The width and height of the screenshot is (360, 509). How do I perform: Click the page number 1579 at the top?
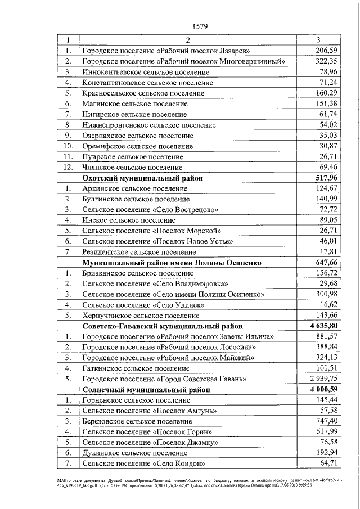[x=200, y=26]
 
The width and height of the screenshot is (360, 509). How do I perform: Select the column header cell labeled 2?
[x=188, y=40]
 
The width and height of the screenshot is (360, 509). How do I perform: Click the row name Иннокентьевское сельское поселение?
[x=145, y=72]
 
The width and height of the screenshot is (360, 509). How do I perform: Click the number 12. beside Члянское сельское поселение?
[x=68, y=168]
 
